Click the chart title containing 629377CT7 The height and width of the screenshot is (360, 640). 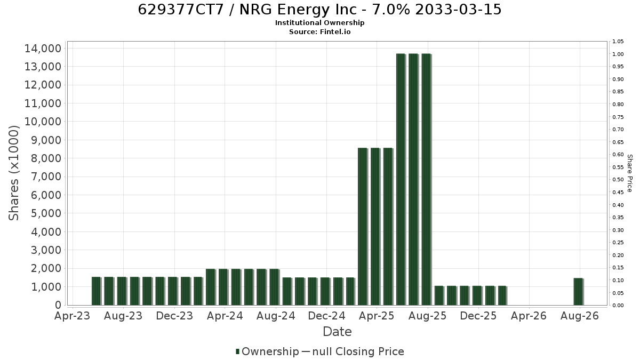coord(319,10)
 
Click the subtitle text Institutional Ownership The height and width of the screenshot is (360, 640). coord(319,23)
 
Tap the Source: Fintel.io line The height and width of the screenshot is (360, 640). coord(319,31)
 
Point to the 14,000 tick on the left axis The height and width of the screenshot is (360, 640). coord(43,49)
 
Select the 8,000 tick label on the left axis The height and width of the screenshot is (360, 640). coord(46,158)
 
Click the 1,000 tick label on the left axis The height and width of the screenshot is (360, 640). coord(46,287)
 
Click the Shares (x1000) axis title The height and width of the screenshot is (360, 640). coord(13,173)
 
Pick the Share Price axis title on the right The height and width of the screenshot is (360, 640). coord(630,173)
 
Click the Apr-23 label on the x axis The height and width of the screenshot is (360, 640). coord(73,316)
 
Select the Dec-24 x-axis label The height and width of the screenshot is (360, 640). coord(326,316)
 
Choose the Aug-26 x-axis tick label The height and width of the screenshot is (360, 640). coord(580,316)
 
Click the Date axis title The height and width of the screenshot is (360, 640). coord(337,332)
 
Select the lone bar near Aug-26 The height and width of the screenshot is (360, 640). coord(578,292)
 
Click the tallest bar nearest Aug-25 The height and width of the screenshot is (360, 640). coord(426,179)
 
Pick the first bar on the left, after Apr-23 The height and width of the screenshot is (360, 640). coord(97,291)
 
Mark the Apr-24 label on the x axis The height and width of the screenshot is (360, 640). coord(225,316)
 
